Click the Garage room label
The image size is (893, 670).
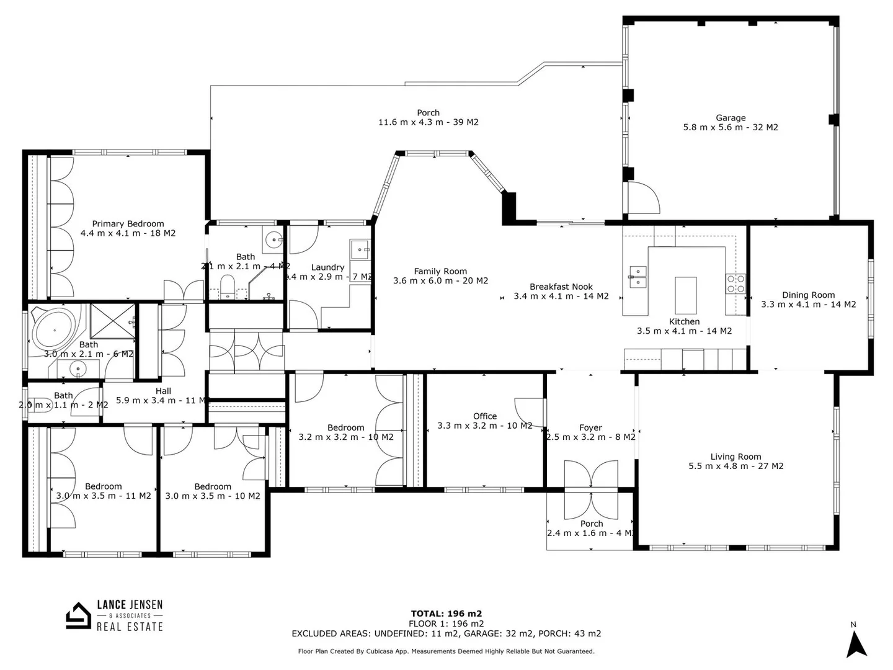(731, 118)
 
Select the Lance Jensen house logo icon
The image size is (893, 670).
(78, 616)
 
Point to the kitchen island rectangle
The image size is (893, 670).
(685, 295)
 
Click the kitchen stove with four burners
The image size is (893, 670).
(735, 284)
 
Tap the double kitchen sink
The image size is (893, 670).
(638, 276)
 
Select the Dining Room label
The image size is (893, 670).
(808, 295)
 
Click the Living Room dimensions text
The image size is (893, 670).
(735, 467)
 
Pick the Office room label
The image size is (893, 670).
(485, 416)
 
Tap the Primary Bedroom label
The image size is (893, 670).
(128, 224)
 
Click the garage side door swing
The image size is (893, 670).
(644, 198)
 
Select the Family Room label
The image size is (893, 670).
(440, 271)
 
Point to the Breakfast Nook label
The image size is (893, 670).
(561, 287)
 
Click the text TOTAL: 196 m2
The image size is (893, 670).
(446, 614)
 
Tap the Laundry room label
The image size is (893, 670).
(327, 267)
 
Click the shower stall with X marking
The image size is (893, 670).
(112, 321)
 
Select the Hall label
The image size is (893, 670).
(163, 391)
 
